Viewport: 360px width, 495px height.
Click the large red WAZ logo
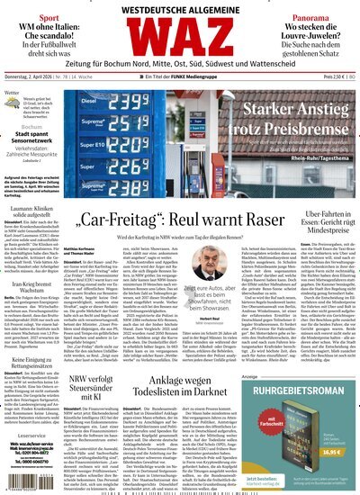click(x=179, y=40)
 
